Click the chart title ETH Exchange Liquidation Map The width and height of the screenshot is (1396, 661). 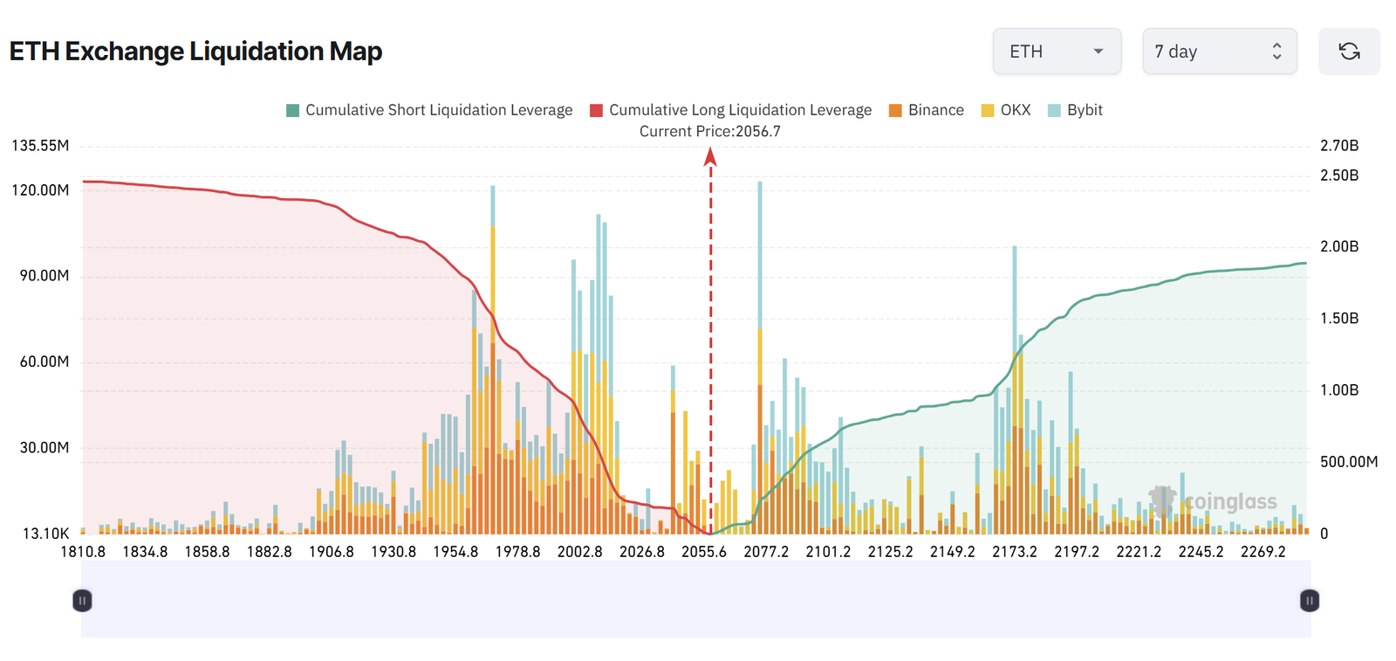coord(195,52)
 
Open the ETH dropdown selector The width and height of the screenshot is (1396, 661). coord(1057,52)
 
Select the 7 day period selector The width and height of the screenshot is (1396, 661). coord(1219,52)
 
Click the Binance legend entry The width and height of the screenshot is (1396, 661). coord(926,110)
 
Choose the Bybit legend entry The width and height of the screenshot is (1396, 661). coord(1075,110)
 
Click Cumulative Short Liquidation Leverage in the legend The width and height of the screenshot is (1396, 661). coord(429,110)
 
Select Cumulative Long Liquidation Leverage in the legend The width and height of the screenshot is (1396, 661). coord(730,110)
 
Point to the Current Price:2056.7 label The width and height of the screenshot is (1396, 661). coord(709,131)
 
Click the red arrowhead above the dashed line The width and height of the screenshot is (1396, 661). coord(710,157)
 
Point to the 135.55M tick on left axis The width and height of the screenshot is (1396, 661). coord(40,146)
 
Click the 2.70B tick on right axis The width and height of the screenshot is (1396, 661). coord(1339,146)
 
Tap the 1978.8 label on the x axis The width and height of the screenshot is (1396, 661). coord(517,552)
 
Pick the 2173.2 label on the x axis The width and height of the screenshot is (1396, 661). coord(1014,552)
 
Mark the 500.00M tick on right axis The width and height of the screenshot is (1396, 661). coord(1348,462)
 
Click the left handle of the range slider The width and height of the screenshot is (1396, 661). coord(82,601)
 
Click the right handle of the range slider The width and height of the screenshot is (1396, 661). coord(1309,601)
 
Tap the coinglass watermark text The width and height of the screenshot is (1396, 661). coord(1230,501)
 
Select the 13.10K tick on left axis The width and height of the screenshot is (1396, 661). coord(45,534)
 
